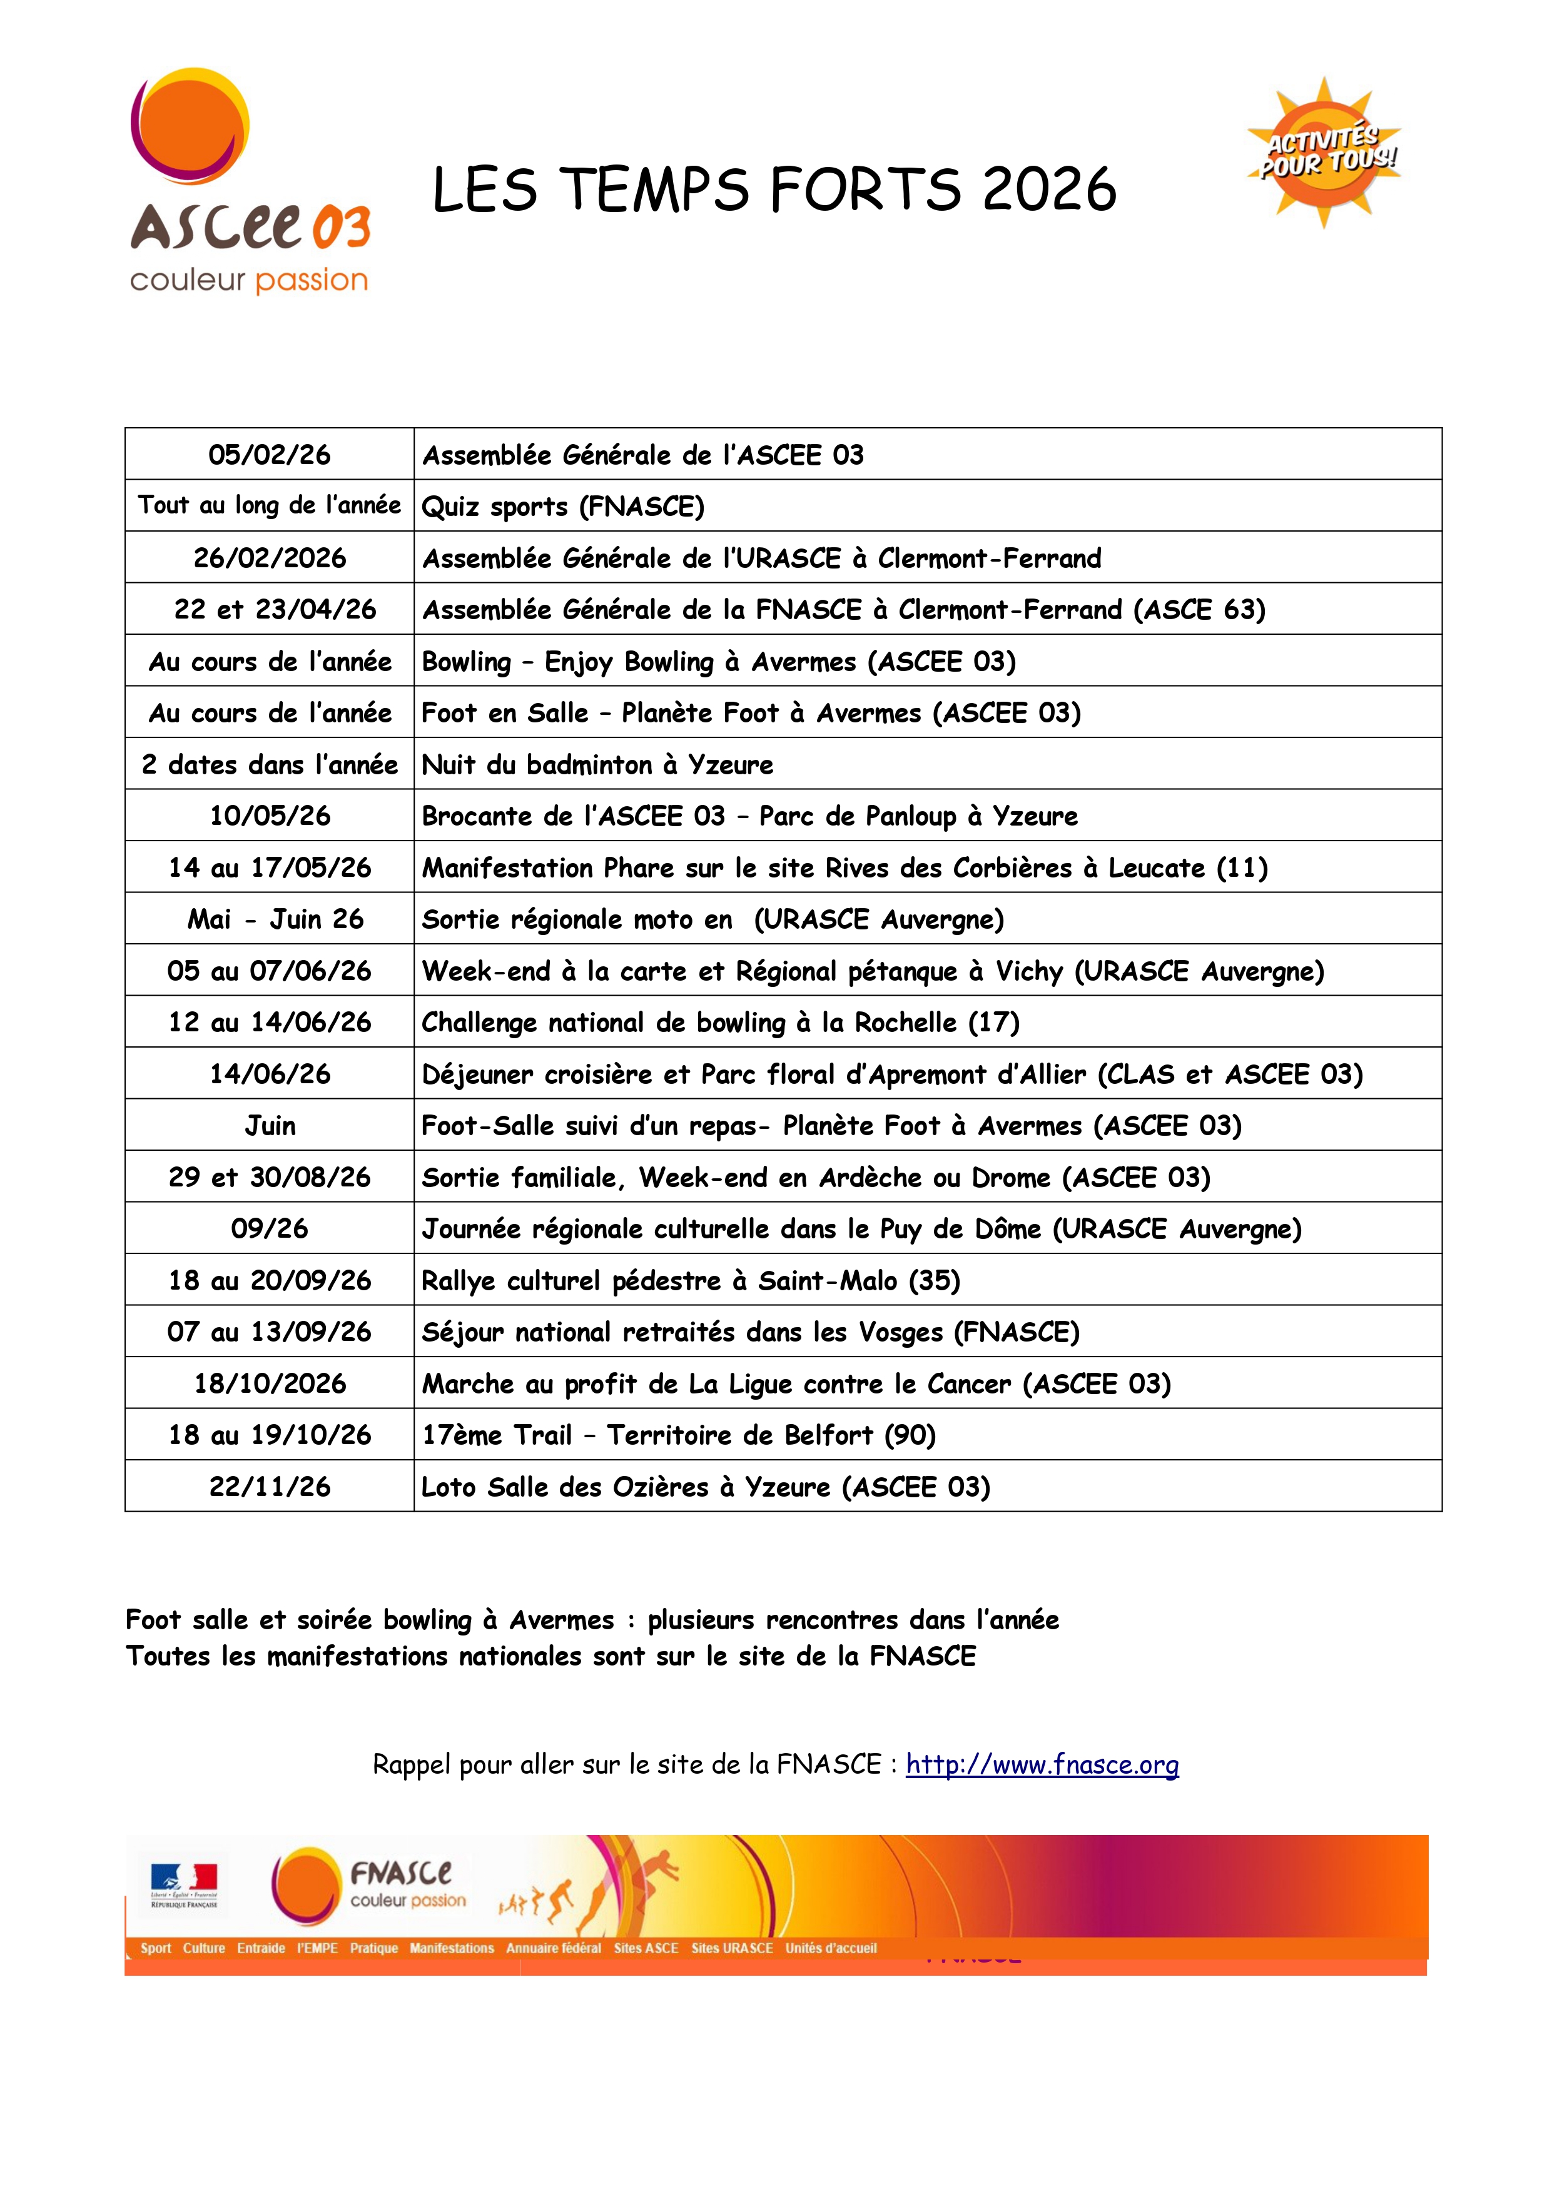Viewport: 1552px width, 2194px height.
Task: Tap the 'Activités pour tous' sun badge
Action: click(x=1324, y=153)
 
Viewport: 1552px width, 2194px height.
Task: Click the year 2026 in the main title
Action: click(x=1048, y=190)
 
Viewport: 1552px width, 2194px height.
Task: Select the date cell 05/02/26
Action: click(x=270, y=455)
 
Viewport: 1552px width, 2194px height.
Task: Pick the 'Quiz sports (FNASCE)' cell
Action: click(x=563, y=507)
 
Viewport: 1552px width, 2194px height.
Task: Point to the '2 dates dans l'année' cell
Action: click(x=270, y=764)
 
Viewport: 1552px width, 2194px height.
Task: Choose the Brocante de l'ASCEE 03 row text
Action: click(x=749, y=816)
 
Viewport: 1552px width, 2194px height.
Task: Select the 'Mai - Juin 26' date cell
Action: click(x=275, y=919)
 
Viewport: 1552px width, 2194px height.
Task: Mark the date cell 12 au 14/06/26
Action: click(x=270, y=1023)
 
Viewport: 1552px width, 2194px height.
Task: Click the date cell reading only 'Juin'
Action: click(x=270, y=1126)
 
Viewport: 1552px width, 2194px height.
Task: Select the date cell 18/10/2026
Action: click(x=270, y=1383)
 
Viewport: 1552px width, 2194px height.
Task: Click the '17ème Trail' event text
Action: click(x=497, y=1435)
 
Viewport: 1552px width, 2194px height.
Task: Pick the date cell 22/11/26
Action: click(x=270, y=1487)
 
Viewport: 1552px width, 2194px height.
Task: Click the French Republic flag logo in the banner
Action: click(x=183, y=1885)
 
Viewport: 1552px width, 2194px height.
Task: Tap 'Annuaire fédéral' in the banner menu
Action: click(x=554, y=1948)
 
